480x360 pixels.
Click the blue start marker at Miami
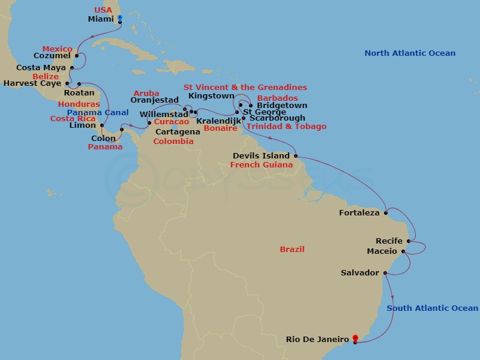point(120,19)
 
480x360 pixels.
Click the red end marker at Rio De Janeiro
point(355,339)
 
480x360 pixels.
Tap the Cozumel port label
point(52,56)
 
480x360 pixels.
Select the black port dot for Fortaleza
point(386,212)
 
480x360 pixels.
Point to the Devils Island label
point(261,156)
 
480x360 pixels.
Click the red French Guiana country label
point(261,164)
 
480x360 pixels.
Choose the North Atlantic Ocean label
point(410,53)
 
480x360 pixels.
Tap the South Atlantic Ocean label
point(432,308)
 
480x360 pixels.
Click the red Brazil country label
point(292,249)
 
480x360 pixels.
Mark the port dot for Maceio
point(403,251)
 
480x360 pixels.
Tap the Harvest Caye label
point(32,83)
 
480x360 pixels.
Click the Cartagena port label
point(178,131)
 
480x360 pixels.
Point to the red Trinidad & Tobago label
point(287,127)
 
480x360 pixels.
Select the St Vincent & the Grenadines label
point(245,88)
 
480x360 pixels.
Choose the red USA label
point(103,10)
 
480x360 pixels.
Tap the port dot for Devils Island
point(296,156)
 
